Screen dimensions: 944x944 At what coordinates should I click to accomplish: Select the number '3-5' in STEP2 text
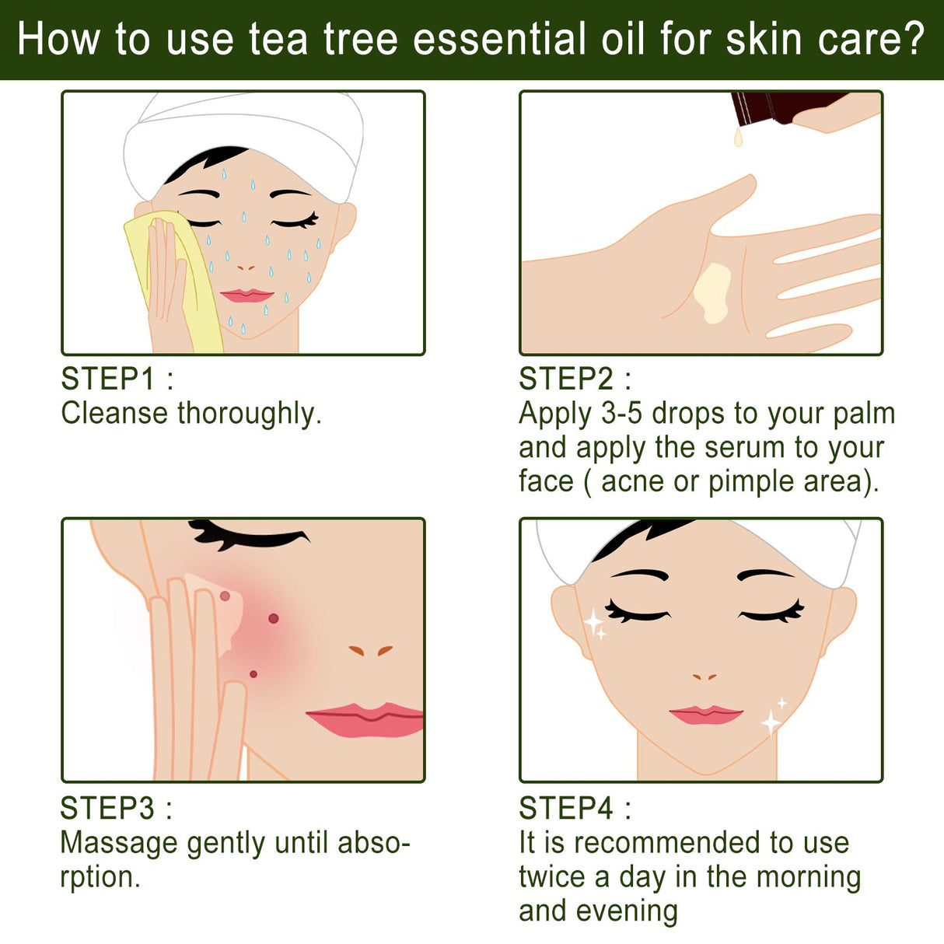[622, 414]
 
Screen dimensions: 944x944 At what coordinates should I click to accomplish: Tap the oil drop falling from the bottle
[738, 138]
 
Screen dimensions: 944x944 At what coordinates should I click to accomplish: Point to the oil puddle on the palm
[713, 292]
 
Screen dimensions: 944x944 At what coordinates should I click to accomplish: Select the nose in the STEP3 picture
[370, 650]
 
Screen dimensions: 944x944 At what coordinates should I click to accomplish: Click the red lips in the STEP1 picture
[246, 295]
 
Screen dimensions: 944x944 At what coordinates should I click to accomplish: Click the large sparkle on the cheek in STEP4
[593, 621]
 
